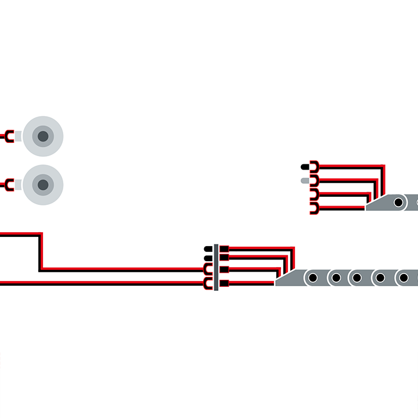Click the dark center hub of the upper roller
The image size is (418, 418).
coord(42,137)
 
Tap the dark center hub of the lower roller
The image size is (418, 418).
coord(42,185)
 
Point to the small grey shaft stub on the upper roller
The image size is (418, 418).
coord(18,137)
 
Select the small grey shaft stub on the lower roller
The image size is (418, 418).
coord(18,185)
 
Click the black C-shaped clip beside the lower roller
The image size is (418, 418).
coord(9,185)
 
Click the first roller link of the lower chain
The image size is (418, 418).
coord(312,278)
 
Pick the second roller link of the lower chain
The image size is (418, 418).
coord(336,278)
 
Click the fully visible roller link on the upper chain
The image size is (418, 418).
coord(398,203)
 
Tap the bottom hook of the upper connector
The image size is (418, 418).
coord(313,208)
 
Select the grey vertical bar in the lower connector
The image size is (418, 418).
coord(217,266)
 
